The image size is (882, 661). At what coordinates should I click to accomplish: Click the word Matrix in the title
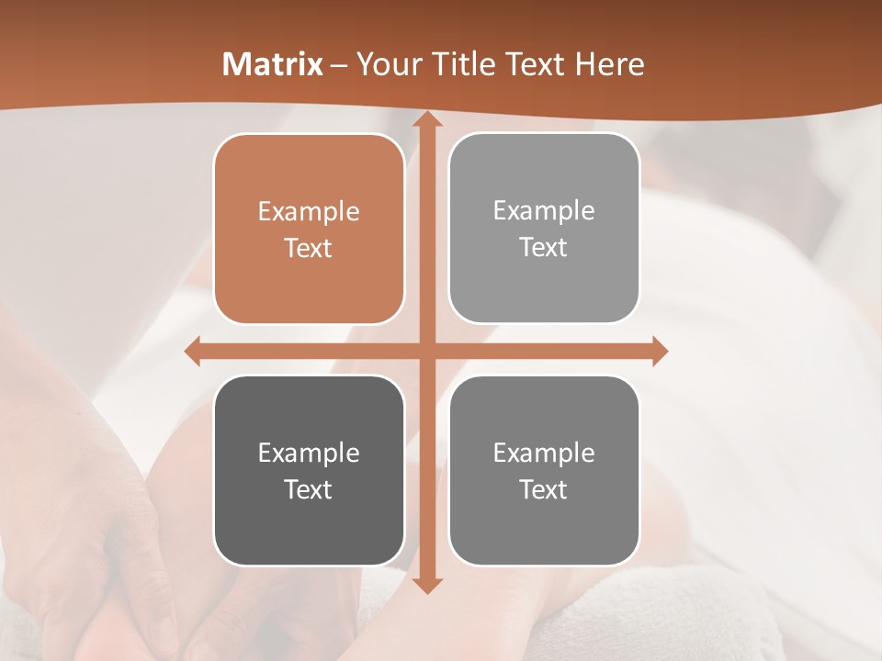273,64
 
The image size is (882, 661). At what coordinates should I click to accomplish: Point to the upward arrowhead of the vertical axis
426,119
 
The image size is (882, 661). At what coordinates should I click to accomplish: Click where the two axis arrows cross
426,351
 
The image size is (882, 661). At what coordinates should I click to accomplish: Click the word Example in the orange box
309,212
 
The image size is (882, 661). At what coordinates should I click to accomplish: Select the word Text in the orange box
309,248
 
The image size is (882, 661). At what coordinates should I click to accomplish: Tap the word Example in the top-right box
544,211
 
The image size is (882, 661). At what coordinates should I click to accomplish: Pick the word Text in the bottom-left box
309,489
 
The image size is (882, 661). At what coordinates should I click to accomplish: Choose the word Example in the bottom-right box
544,453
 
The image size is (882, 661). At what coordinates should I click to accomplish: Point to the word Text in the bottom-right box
544,489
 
